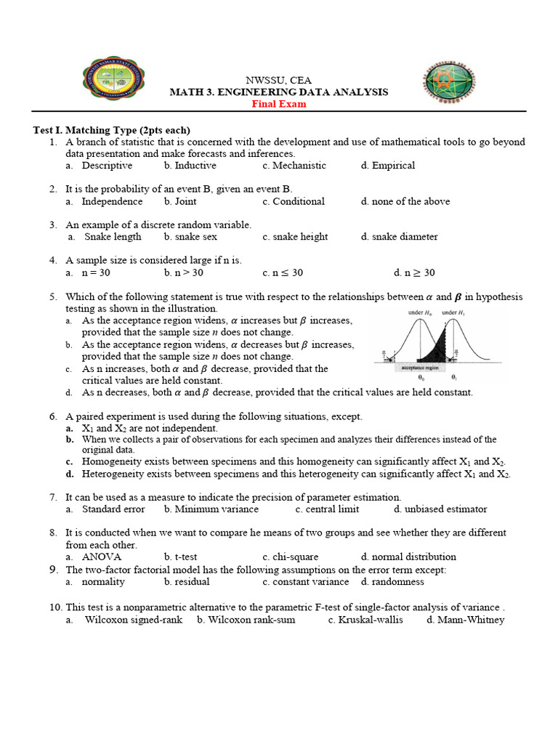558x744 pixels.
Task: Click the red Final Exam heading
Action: [x=279, y=104]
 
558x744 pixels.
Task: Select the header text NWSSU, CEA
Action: [x=278, y=80]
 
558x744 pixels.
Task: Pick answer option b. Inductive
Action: [x=190, y=166]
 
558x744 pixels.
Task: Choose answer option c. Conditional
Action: [x=294, y=201]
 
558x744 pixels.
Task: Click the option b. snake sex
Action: [x=190, y=237]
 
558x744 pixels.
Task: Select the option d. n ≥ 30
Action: [x=414, y=272]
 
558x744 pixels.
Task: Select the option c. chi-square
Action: [x=291, y=557]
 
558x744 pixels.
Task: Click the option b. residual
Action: [x=187, y=582]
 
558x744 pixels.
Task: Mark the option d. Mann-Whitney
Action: [x=465, y=620]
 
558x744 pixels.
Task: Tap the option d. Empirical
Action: [x=388, y=166]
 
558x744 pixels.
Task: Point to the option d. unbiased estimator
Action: [x=424, y=509]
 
